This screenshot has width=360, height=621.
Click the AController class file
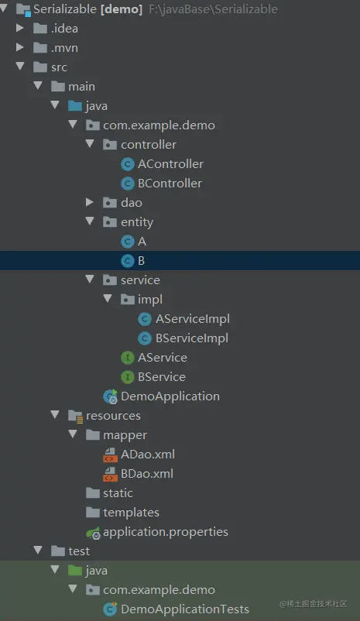170,164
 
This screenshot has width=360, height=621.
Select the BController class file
170,184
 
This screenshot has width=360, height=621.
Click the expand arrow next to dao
90,202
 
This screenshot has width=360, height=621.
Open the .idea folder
64,29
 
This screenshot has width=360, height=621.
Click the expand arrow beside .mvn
19,47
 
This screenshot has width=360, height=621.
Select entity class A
142,241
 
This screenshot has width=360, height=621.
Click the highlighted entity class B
141,261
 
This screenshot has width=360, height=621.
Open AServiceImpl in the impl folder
193,319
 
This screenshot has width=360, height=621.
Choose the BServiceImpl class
192,338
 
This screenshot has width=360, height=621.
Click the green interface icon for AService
128,358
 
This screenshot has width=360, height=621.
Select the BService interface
161,377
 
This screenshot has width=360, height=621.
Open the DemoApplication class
170,396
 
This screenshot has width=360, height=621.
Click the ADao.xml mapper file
148,455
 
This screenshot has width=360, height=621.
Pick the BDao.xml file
147,474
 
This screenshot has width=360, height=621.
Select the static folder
118,493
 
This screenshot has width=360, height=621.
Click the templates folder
131,513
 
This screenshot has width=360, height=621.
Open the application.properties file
165,532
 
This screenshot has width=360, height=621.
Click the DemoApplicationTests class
184,609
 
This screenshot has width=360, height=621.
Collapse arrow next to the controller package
90,144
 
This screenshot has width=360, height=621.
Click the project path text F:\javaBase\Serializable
213,9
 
